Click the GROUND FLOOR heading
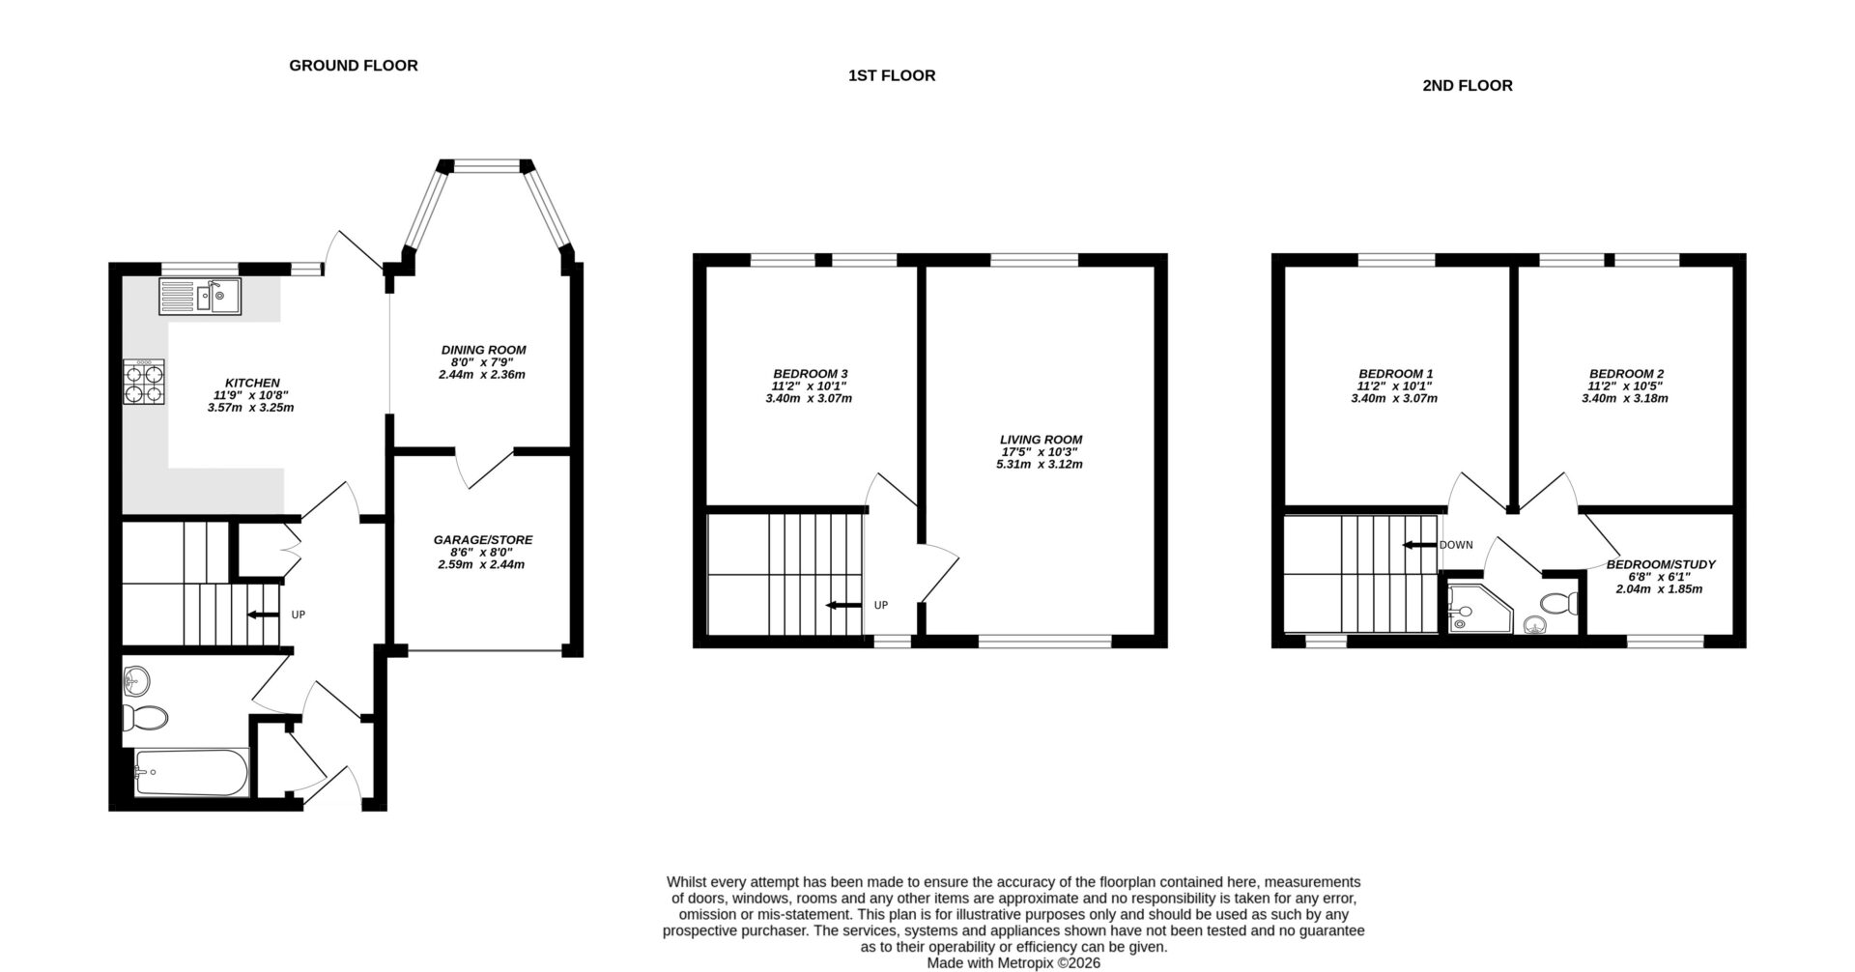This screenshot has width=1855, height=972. point(354,66)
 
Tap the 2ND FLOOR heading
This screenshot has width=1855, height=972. point(1467,85)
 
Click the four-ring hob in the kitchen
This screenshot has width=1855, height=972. point(143,381)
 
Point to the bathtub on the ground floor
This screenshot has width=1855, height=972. point(191,772)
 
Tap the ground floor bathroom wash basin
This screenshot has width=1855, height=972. point(136,679)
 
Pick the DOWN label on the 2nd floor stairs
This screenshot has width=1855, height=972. point(1456,545)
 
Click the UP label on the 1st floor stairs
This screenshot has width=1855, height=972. point(880,605)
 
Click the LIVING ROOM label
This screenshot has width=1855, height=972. point(1041,440)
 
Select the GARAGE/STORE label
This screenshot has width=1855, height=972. point(482,540)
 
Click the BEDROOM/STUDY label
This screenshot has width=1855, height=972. point(1660,564)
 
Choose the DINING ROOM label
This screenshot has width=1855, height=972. point(483,350)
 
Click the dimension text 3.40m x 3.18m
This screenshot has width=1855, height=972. point(1625,398)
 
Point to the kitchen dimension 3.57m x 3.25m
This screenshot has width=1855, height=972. point(250,408)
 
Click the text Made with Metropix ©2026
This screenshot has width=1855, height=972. point(1013,963)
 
